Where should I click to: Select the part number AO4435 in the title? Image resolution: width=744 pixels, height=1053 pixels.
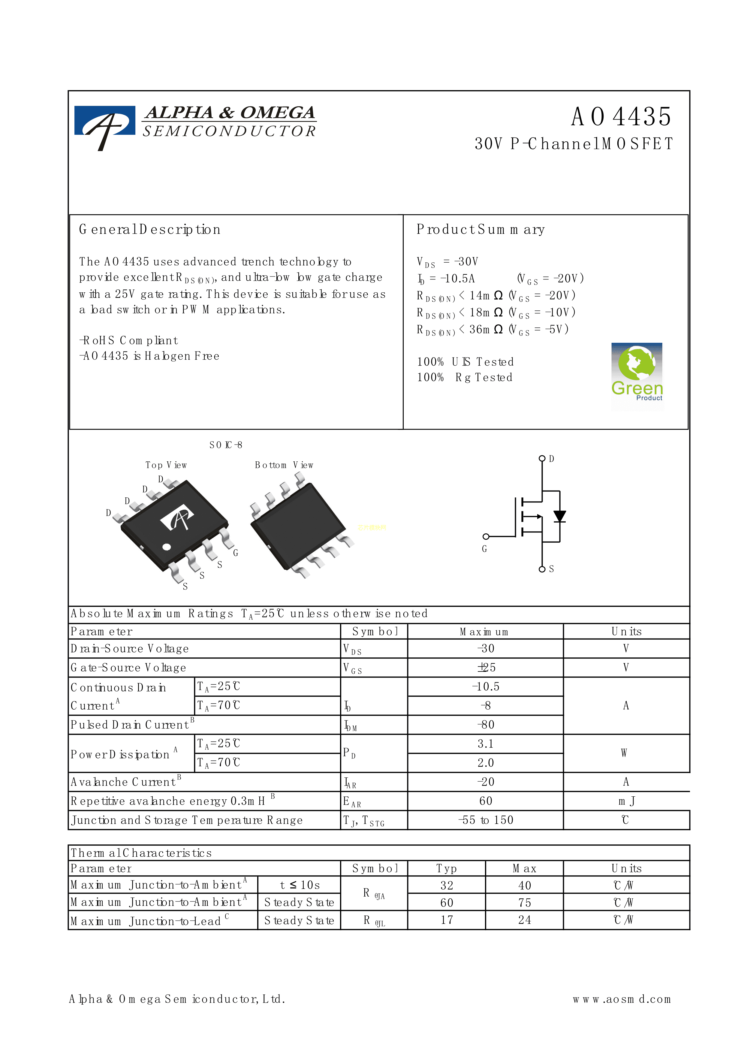(621, 117)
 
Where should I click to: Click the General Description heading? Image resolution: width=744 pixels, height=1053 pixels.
(149, 229)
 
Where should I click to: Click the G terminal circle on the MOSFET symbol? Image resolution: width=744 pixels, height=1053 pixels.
(486, 536)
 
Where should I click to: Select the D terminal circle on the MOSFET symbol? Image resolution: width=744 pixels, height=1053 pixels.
(542, 458)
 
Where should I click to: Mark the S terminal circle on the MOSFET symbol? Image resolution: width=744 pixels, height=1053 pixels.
(542, 569)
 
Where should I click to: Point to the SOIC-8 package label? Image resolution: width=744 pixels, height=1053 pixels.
(225, 445)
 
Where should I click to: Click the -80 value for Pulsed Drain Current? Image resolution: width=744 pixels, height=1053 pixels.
(486, 725)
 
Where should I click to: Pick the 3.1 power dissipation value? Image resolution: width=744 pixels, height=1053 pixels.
(486, 744)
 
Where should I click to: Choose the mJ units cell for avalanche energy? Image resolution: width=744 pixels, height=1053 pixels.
(626, 801)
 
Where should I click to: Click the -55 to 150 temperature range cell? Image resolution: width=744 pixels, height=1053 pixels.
(486, 820)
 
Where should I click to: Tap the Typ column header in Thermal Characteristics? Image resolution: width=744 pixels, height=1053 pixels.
(447, 868)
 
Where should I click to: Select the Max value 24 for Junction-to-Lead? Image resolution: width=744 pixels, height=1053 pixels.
(524, 920)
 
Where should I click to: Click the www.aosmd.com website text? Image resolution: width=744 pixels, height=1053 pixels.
(622, 999)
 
